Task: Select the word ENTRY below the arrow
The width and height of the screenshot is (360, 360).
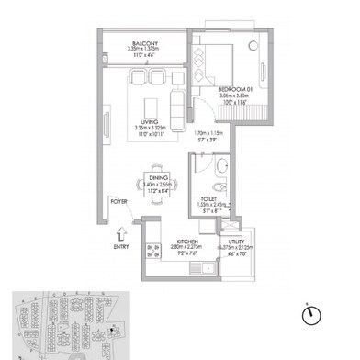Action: coord(120,247)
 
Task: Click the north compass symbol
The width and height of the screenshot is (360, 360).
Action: coord(312,315)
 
